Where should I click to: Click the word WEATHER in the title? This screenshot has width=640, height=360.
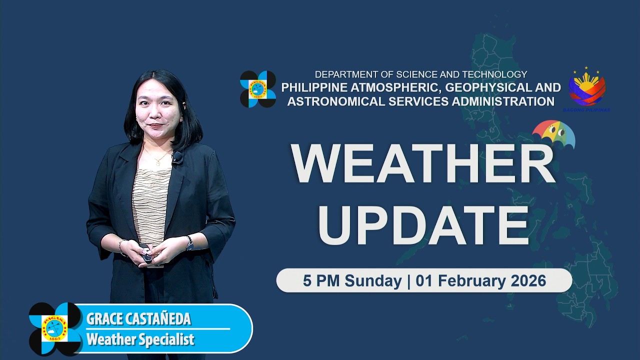pyautogui.click(x=423, y=164)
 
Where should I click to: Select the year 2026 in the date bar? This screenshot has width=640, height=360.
pyautogui.click(x=528, y=280)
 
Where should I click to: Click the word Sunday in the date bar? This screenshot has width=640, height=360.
pyautogui.click(x=373, y=280)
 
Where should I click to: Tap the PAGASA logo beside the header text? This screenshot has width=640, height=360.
pyautogui.click(x=258, y=89)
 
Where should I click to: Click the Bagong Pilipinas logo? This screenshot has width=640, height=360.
pyautogui.click(x=587, y=88)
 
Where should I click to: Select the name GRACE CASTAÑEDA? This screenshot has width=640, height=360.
pyautogui.click(x=138, y=319)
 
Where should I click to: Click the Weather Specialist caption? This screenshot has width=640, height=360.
pyautogui.click(x=140, y=340)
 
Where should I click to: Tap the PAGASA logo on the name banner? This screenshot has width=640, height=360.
pyautogui.click(x=54, y=328)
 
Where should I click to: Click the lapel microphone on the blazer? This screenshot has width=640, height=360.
pyautogui.click(x=177, y=157)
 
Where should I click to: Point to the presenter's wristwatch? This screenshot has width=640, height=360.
pyautogui.click(x=189, y=243)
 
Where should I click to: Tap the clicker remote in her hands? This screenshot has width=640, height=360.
pyautogui.click(x=146, y=257)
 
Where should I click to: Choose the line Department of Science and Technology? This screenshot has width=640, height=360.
pyautogui.click(x=420, y=74)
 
